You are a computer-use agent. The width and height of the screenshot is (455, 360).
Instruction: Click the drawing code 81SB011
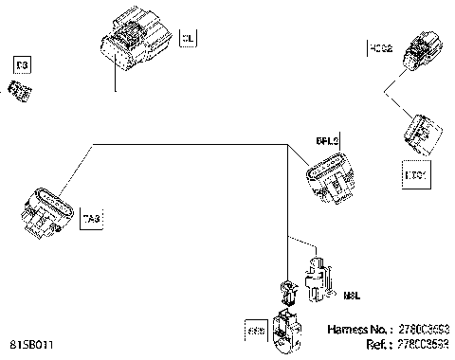32,345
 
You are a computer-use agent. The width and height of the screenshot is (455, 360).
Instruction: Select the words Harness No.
355,330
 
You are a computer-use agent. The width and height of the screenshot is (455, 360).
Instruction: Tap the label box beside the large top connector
188,39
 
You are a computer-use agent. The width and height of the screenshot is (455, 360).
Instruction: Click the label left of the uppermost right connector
380,47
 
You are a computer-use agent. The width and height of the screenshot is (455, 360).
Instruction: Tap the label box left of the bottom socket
255,331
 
